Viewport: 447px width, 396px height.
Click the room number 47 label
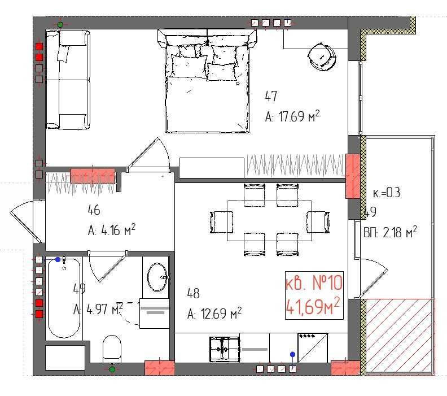click(271, 97)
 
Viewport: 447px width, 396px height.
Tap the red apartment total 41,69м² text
click(313, 307)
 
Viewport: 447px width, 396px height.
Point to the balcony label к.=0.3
click(387, 193)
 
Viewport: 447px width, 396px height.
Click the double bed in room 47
click(207, 85)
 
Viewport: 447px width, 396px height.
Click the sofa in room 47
click(67, 79)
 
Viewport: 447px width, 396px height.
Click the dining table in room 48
click(269, 220)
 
